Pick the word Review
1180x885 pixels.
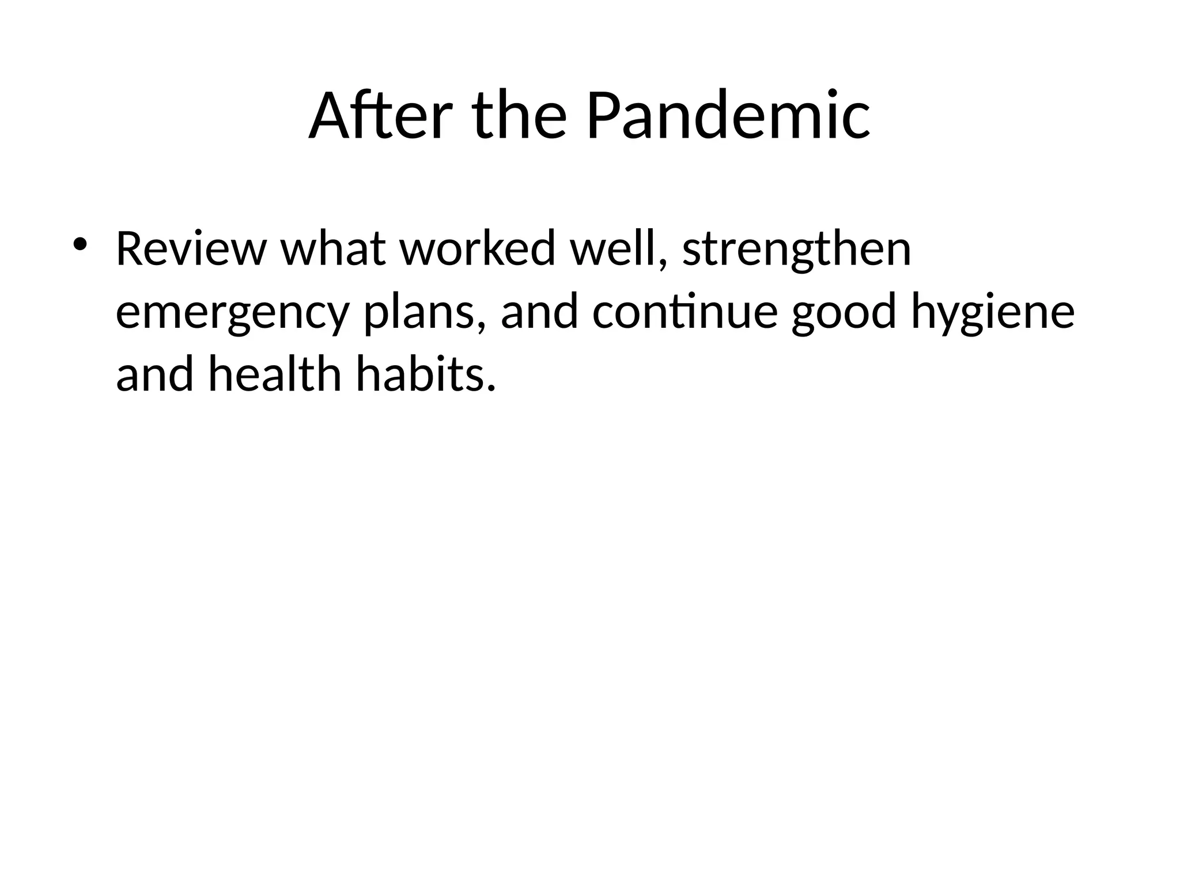pyautogui.click(x=191, y=249)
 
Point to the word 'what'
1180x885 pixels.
pyautogui.click(x=333, y=249)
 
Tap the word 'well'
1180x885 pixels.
pyautogui.click(x=612, y=249)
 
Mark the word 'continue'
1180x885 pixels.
pyautogui.click(x=685, y=312)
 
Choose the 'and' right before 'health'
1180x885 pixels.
pyautogui.click(x=154, y=375)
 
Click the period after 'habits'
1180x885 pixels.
pyautogui.click(x=491, y=388)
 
